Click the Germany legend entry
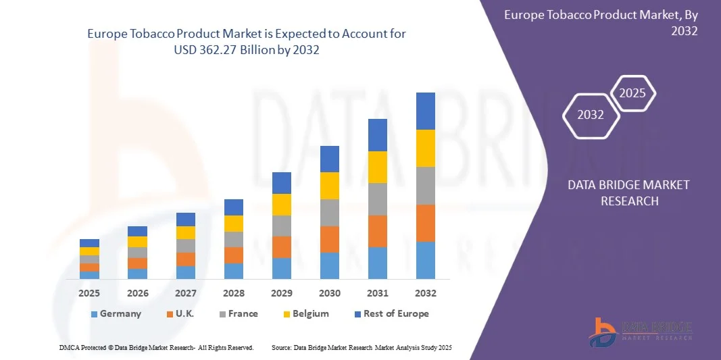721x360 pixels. [x=116, y=313]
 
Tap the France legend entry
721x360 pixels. [x=238, y=313]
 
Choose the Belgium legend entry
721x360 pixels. [x=305, y=313]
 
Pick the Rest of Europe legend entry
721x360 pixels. [x=391, y=313]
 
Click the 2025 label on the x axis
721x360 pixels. [x=89, y=293]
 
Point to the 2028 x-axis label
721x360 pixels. [x=233, y=293]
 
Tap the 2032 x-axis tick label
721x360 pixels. [x=426, y=293]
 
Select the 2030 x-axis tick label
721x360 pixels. [x=329, y=293]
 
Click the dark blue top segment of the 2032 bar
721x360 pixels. [x=426, y=111]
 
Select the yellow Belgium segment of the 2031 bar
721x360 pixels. [x=377, y=167]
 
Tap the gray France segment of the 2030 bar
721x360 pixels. [x=329, y=213]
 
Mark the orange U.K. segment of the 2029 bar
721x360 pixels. [x=281, y=247]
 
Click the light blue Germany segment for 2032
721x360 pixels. [x=426, y=260]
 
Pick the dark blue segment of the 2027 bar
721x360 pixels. [x=185, y=220]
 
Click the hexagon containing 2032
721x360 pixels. [x=591, y=115]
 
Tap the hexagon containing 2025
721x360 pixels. [x=633, y=93]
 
